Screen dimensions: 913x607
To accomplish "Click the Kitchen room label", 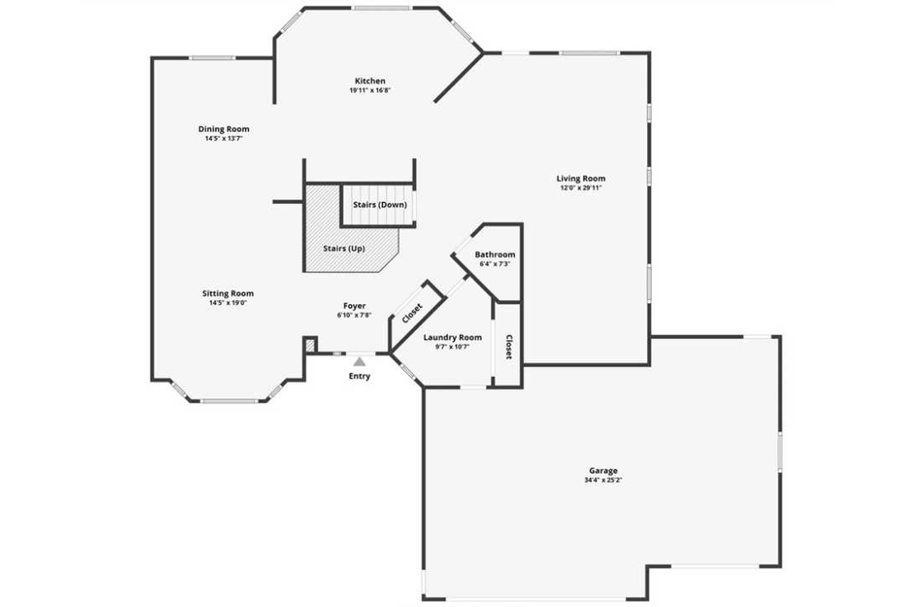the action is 369,81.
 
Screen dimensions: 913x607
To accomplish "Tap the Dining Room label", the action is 224,129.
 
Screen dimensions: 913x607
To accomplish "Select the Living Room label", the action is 581,179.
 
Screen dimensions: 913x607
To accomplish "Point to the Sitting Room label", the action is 228,294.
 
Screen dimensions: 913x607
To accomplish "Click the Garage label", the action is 603,471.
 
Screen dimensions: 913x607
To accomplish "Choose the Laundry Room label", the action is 452,338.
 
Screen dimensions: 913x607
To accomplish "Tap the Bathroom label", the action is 495,254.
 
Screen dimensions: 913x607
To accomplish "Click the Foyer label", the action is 355,306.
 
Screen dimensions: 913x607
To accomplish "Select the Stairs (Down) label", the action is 380,205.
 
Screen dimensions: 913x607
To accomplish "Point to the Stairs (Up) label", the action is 344,249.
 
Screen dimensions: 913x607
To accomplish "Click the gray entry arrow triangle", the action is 359,362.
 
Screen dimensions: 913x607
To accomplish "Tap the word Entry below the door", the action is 359,376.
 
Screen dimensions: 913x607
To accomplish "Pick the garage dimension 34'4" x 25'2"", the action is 603,480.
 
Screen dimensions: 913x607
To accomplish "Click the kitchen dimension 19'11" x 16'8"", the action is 369,90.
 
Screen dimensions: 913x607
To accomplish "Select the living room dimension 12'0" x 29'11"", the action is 581,188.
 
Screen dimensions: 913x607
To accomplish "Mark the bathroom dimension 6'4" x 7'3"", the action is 495,264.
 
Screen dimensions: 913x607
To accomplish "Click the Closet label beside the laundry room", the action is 509,347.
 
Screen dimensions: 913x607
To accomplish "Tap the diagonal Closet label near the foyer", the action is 412,313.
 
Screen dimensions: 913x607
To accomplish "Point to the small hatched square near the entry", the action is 310,346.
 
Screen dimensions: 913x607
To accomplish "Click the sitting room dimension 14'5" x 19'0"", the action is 228,303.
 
